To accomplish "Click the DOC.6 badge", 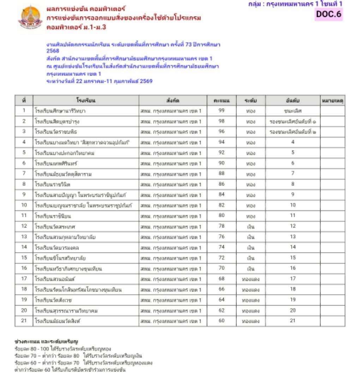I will [329, 14].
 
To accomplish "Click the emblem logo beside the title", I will [30, 17].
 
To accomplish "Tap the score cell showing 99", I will [221, 111].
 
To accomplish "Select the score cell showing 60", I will [221, 321].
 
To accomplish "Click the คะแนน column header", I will [221, 101].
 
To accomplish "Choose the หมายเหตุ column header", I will [332, 101].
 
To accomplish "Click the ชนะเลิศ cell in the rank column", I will [293, 111].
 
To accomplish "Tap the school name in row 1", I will [60, 111].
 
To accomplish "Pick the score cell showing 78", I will [221, 226].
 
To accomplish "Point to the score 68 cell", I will [221, 279].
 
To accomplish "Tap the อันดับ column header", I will [293, 101].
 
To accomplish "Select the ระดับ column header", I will [251, 101].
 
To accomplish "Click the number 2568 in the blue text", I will [53, 51].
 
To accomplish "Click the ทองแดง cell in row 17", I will [251, 279].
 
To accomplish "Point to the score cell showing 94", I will [221, 142].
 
